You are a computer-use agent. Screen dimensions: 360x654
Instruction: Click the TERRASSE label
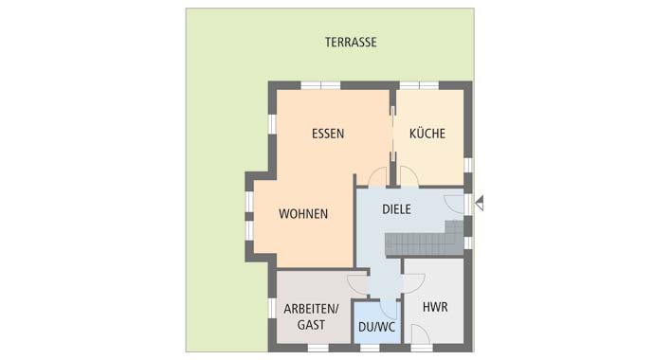[351, 43]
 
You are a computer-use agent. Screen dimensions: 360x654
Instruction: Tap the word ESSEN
[328, 134]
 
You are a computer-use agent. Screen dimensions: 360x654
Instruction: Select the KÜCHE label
[427, 134]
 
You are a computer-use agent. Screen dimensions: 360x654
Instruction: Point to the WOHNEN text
[303, 214]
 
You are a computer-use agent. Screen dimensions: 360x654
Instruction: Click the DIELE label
[396, 208]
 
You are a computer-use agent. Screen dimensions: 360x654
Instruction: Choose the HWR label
[435, 308]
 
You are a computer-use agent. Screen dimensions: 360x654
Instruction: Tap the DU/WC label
[376, 328]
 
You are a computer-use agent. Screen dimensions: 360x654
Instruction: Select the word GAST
[311, 325]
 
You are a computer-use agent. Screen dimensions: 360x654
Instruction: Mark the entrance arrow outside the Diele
[479, 202]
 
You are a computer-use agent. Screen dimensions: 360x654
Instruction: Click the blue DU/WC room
[376, 317]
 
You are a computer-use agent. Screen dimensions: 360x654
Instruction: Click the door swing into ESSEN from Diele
[378, 176]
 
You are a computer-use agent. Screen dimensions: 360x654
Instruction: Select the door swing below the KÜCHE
[410, 176]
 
